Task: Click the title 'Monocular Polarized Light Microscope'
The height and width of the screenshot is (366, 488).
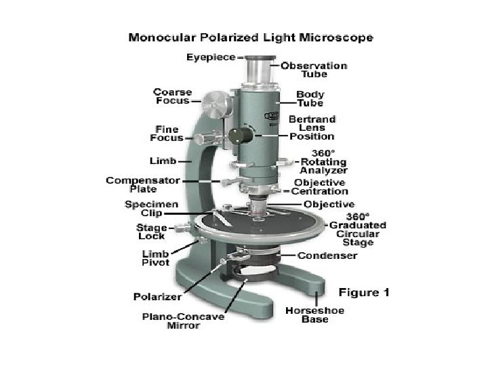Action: (250, 38)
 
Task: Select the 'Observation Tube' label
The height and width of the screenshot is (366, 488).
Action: (314, 70)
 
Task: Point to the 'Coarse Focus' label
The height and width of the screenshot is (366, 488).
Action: (173, 96)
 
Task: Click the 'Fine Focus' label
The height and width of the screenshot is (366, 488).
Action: (167, 134)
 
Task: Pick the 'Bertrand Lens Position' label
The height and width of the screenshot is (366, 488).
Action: (312, 127)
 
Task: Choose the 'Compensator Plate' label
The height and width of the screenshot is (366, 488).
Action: (143, 185)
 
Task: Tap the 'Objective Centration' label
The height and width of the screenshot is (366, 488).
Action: (319, 187)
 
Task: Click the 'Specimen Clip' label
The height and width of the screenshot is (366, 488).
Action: (152, 208)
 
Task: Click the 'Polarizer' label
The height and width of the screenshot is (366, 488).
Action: (157, 297)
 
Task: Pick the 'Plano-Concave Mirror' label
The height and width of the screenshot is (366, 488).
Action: (183, 321)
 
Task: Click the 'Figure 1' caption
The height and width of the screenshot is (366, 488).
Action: (364, 292)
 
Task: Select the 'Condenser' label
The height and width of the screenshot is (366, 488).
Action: (327, 256)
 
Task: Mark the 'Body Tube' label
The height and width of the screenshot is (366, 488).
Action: (310, 99)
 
